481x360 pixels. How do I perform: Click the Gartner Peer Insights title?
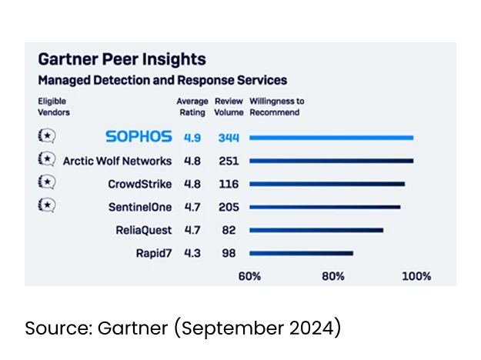(x=122, y=59)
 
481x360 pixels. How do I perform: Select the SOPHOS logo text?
(x=139, y=137)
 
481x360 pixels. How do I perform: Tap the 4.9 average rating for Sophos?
(x=192, y=138)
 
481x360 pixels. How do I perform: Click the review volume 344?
(x=228, y=138)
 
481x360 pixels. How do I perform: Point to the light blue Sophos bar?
(x=332, y=138)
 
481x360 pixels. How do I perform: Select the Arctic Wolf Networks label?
(x=117, y=161)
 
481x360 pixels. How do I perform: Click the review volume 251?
(x=228, y=161)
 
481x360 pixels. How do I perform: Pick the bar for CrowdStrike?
(x=327, y=185)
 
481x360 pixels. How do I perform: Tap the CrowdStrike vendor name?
(x=140, y=184)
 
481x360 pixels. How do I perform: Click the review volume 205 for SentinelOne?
(x=228, y=207)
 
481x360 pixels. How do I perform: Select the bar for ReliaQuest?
(x=316, y=230)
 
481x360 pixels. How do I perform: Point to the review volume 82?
(x=228, y=230)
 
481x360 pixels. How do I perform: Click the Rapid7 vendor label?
(x=154, y=253)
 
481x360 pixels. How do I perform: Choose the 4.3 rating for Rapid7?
(x=192, y=253)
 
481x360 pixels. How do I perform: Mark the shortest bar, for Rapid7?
(x=301, y=253)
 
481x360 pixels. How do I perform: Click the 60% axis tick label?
(x=249, y=276)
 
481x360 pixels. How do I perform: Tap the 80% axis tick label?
(x=333, y=276)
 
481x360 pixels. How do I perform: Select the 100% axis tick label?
(x=416, y=276)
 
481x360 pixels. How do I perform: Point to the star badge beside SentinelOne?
(x=46, y=205)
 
